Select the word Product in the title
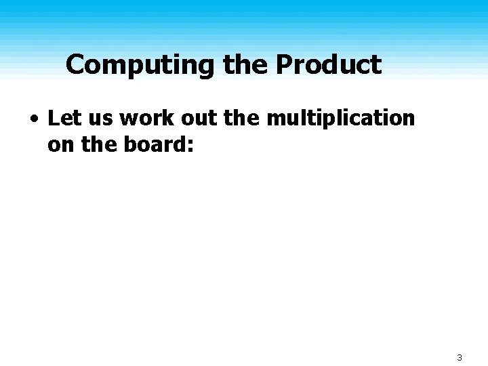(x=329, y=66)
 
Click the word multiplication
(x=340, y=119)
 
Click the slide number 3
(x=459, y=357)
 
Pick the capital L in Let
(x=54, y=119)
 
